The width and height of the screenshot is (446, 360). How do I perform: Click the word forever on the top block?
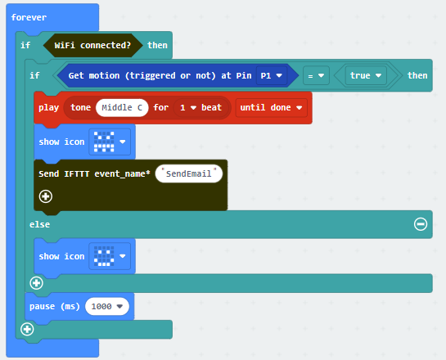point(29,17)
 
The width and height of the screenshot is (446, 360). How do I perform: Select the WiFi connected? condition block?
point(92,45)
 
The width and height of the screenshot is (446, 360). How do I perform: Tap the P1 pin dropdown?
point(272,75)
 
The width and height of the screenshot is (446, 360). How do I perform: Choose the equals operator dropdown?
point(316,75)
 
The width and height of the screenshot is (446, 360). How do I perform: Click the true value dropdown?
point(366,75)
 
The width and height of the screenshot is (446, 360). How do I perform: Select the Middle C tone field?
point(122,107)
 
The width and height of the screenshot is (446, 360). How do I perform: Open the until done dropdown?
point(272,107)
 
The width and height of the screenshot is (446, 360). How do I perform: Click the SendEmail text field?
point(188,173)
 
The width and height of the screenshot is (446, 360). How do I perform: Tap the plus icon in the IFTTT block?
point(46,196)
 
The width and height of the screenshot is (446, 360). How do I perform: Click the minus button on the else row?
point(421,224)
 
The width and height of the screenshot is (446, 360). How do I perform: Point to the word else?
point(39,224)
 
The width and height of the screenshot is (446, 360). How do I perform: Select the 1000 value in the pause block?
point(107,306)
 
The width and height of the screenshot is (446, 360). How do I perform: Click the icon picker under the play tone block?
point(110,142)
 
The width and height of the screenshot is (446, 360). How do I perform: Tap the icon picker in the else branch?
point(110,256)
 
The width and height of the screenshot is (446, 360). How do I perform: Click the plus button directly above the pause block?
point(36,283)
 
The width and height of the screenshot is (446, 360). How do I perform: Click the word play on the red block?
point(48,108)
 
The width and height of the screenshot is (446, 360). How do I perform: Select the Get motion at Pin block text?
point(160,75)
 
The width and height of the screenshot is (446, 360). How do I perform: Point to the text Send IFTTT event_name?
point(94,173)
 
